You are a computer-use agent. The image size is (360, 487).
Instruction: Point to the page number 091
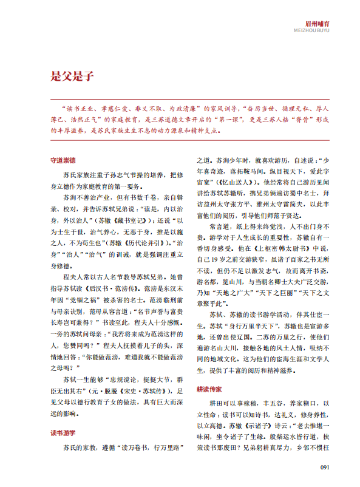coord(324,467)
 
